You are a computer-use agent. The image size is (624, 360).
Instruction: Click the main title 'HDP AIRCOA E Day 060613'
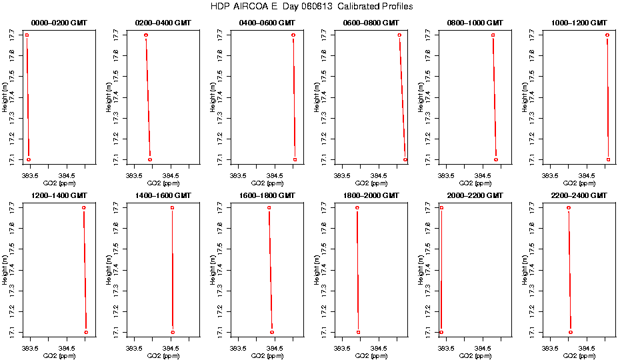pyautogui.click(x=311, y=7)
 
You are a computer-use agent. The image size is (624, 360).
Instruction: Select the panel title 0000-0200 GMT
pyautogui.click(x=59, y=23)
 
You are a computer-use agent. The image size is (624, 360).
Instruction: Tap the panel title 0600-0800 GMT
pyautogui.click(x=371, y=23)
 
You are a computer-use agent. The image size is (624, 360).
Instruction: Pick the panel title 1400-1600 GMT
pyautogui.click(x=163, y=195)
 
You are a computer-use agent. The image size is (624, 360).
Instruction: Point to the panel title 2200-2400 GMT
pyautogui.click(x=579, y=195)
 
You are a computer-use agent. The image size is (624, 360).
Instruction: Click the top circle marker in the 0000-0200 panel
pyautogui.click(x=27, y=35)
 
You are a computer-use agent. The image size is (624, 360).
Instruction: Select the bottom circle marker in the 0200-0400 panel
pyautogui.click(x=150, y=159)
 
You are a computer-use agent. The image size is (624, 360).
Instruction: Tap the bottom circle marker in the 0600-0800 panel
pyautogui.click(x=405, y=160)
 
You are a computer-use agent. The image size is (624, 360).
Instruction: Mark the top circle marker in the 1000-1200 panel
pyautogui.click(x=607, y=35)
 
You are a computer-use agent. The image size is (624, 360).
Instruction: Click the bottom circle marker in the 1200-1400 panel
pyautogui.click(x=86, y=332)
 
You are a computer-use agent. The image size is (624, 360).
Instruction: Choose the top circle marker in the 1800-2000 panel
pyautogui.click(x=357, y=208)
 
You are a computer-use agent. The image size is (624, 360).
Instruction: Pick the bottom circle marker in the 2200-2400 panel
pyautogui.click(x=571, y=332)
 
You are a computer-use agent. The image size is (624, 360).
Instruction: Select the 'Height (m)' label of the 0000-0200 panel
pyautogui.click(x=5, y=97)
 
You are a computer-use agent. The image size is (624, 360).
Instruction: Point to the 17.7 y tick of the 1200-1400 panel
pyautogui.click(x=14, y=208)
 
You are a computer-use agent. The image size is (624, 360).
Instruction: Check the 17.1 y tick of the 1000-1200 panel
pyautogui.click(x=534, y=159)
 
